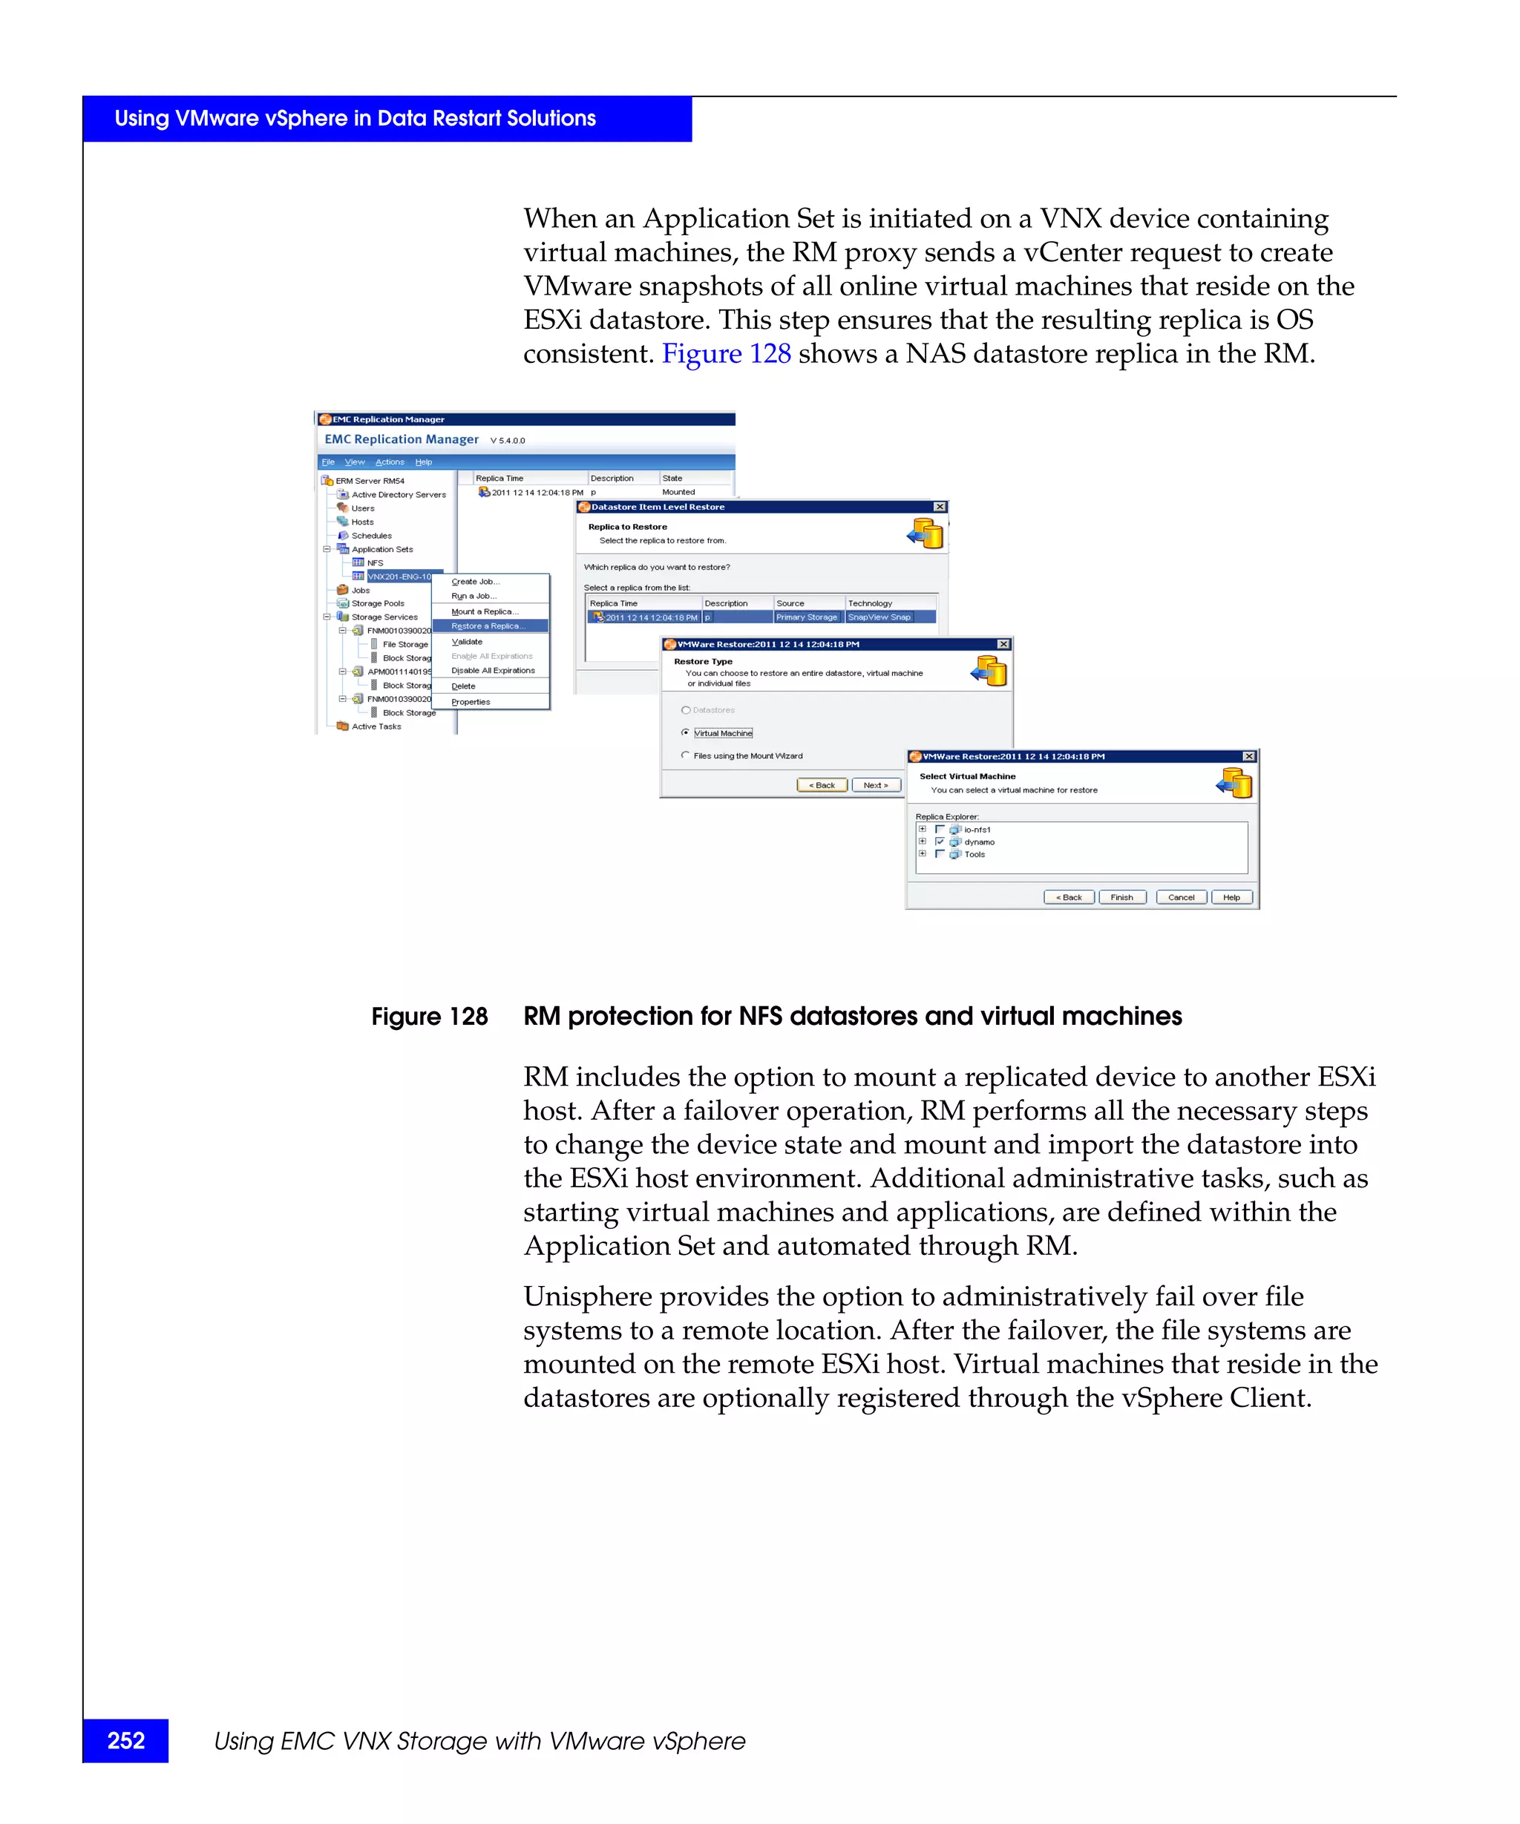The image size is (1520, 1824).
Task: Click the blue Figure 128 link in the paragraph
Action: tap(725, 353)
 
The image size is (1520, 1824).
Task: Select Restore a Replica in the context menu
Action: tap(488, 626)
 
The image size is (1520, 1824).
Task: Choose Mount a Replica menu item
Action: tap(484, 611)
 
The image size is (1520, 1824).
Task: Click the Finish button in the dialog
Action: tap(1121, 897)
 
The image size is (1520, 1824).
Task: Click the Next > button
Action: tap(876, 785)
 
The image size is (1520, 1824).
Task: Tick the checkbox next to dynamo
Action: tap(940, 842)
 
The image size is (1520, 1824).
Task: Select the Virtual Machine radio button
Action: tap(685, 733)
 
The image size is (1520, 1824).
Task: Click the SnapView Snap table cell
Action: tap(879, 617)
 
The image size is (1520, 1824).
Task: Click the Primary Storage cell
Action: tap(806, 617)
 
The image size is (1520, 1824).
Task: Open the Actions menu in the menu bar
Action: tap(389, 462)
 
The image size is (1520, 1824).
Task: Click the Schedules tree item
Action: tap(371, 536)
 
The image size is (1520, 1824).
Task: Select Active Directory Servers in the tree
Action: tap(398, 495)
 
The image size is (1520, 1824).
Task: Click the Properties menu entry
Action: tap(470, 702)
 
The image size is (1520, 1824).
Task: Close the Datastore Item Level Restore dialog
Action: tap(939, 506)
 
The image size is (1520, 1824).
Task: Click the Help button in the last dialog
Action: tap(1231, 897)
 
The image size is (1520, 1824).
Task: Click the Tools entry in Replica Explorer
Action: tap(974, 855)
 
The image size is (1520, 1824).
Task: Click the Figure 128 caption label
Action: tap(429, 1016)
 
